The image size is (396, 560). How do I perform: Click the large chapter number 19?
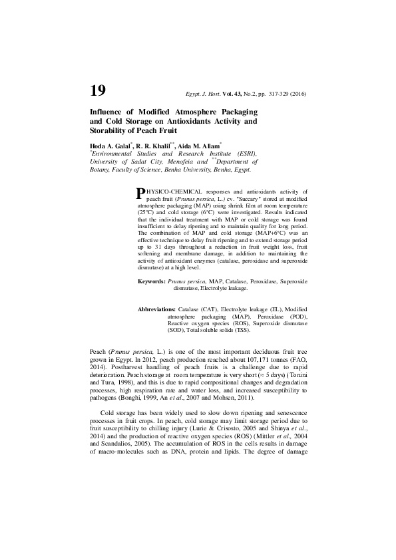[x=97, y=90]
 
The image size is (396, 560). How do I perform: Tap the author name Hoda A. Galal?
[x=110, y=144]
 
